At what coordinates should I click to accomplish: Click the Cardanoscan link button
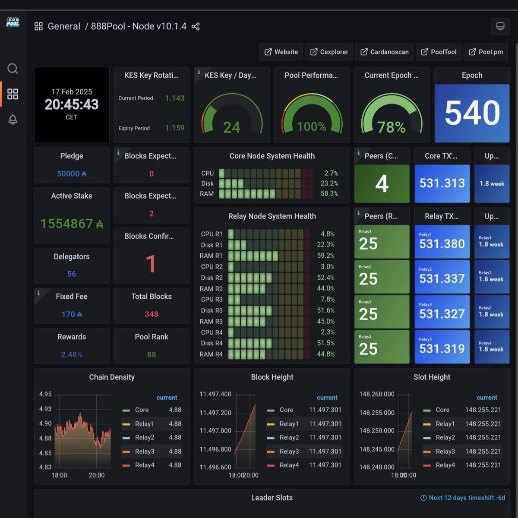click(x=384, y=52)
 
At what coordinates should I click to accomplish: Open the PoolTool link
click(x=439, y=52)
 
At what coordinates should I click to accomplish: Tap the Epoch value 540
click(x=472, y=113)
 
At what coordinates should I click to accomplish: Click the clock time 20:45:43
click(x=72, y=104)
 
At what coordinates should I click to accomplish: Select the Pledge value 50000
click(x=72, y=174)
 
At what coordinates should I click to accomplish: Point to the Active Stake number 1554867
click(x=72, y=224)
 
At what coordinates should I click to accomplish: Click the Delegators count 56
click(x=72, y=274)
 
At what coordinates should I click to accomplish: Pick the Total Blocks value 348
click(x=152, y=314)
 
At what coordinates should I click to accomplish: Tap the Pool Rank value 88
click(x=152, y=354)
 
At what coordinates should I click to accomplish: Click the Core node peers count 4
click(x=382, y=183)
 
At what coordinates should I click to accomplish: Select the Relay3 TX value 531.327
click(x=442, y=314)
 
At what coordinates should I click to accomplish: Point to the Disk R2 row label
click(x=212, y=278)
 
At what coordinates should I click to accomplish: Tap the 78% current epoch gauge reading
click(x=391, y=127)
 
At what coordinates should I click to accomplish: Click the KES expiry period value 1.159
click(x=175, y=128)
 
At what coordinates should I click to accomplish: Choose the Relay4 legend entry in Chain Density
click(x=145, y=465)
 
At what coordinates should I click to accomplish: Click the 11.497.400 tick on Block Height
click(x=215, y=394)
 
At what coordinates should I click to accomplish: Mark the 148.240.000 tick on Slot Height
click(x=377, y=467)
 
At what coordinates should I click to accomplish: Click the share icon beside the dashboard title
click(x=196, y=27)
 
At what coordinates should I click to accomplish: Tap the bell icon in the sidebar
click(x=13, y=120)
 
